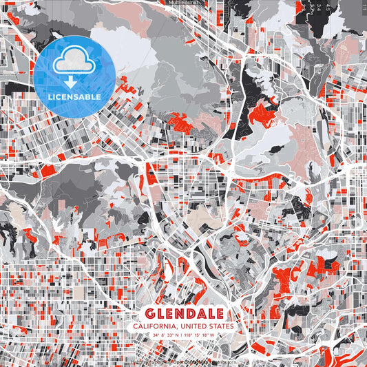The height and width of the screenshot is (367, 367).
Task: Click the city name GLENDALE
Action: coord(184,313)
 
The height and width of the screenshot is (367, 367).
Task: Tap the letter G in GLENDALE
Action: coord(149,313)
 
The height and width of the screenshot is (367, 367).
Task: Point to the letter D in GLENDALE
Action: coord(189,313)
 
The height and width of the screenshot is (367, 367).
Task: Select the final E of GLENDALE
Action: coord(218,313)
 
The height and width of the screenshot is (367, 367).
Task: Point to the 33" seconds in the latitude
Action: coord(170,336)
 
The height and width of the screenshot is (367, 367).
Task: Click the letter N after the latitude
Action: coord(178,336)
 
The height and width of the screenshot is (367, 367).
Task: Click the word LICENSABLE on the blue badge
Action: coord(76,97)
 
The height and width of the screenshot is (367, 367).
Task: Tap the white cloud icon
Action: coord(76,63)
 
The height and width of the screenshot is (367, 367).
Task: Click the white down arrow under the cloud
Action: coord(76,81)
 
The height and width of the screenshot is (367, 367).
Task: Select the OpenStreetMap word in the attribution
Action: coord(187,361)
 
